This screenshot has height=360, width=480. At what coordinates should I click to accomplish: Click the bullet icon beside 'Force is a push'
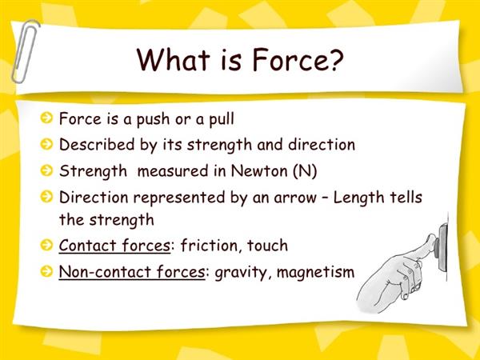click(46, 118)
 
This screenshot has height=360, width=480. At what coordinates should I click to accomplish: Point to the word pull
click(222, 118)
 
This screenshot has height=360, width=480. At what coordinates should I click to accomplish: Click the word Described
click(97, 144)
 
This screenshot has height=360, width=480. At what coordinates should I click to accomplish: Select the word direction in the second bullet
click(322, 144)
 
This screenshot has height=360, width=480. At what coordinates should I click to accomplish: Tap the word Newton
click(259, 170)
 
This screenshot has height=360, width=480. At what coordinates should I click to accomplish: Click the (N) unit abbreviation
click(305, 171)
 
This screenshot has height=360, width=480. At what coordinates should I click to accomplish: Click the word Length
click(358, 198)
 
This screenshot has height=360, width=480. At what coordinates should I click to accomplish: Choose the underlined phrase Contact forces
click(114, 246)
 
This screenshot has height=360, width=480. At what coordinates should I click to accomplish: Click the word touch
click(267, 246)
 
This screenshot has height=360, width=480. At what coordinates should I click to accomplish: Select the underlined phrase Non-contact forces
click(132, 272)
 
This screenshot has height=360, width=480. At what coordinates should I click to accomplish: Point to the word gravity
click(241, 273)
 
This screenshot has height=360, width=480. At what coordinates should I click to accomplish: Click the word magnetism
click(316, 272)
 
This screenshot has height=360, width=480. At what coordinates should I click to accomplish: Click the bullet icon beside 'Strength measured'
click(46, 170)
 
